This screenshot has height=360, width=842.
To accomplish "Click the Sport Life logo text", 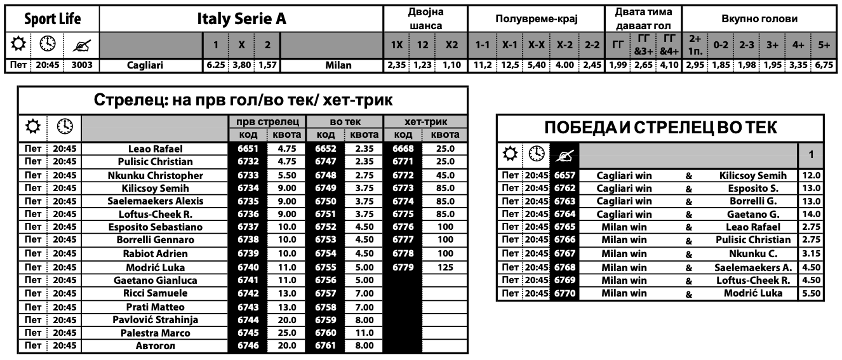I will (x=52, y=19).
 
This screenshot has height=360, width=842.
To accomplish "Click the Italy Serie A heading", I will (x=241, y=19).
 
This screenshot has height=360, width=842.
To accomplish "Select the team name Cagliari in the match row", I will (x=147, y=65).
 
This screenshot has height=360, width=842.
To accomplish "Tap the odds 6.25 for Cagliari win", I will (x=216, y=65).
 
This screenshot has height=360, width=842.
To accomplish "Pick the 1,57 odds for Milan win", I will (x=267, y=65).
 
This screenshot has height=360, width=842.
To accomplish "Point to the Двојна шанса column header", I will (x=425, y=19).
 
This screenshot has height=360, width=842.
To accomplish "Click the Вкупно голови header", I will (x=759, y=19).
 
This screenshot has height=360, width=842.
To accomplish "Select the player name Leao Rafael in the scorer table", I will (x=155, y=149).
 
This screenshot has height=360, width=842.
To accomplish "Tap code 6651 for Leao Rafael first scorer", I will (x=248, y=149).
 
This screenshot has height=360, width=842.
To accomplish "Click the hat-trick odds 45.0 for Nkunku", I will (x=445, y=175).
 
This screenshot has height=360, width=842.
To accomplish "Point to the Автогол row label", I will (x=155, y=346).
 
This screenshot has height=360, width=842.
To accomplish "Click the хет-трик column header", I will (x=425, y=122).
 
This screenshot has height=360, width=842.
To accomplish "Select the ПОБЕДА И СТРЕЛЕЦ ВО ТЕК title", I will (x=660, y=128).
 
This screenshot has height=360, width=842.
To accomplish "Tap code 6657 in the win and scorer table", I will (x=565, y=176).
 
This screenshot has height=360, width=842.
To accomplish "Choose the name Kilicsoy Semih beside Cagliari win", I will (x=752, y=176).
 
